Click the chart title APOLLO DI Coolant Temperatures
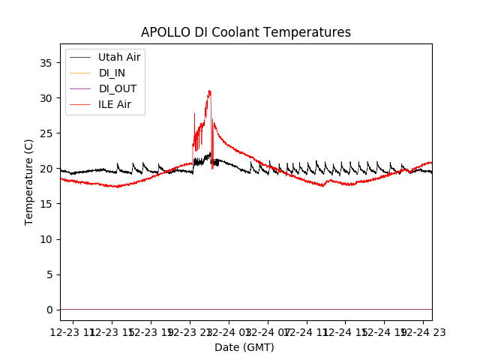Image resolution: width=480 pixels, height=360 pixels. point(246,32)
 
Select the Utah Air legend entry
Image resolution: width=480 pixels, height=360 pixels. point(119,57)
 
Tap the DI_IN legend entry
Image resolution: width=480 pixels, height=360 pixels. point(112,73)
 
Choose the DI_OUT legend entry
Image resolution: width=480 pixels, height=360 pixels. point(117,88)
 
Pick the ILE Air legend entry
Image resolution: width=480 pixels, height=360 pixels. point(114,104)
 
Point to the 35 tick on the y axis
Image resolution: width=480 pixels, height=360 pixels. point(46,63)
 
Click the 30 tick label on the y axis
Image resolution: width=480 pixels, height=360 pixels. point(46,98)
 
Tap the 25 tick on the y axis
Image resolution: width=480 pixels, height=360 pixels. point(46,133)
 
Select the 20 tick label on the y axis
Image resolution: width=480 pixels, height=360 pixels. point(46,169)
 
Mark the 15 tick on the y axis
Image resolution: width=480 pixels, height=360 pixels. point(46,204)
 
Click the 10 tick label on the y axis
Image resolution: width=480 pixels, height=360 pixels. point(46,239)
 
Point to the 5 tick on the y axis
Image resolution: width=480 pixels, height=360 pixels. point(49,274)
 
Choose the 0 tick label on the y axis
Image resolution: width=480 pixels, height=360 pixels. point(49,310)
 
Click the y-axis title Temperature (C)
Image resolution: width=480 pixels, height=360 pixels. point(29,181)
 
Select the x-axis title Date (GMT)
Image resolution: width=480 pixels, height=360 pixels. point(244,347)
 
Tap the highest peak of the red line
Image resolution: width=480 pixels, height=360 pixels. point(209,91)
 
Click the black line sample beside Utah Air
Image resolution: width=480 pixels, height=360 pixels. point(80,57)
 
